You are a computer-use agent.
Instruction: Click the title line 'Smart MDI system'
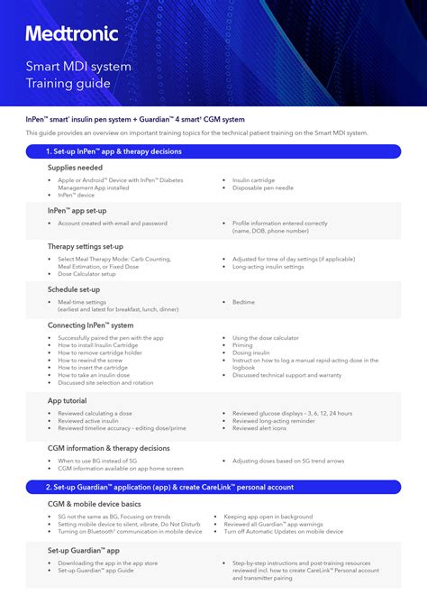coord(78,67)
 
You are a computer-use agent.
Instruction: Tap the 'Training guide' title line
coord(68,83)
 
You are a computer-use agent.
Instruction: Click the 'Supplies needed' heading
coord(75,168)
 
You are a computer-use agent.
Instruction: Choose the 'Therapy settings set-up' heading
coord(86,246)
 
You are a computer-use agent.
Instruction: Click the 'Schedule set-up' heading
coord(74,289)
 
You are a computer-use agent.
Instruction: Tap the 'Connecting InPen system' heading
coord(90,325)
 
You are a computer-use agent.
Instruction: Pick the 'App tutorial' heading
coord(68,399)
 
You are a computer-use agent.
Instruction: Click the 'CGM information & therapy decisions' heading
coord(109,447)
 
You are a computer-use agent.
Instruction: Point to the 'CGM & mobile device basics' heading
coord(95,503)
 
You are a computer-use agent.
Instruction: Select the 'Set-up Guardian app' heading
coord(84,549)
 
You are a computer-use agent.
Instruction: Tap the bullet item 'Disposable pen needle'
coord(262,188)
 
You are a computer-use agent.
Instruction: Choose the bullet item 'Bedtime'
coord(243,302)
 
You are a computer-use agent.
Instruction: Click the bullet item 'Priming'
coord(242,345)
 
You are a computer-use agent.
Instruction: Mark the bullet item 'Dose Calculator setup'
coord(86,274)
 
